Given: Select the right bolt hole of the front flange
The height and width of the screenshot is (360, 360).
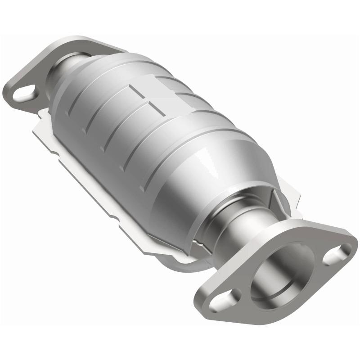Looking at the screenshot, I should (x=338, y=253).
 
